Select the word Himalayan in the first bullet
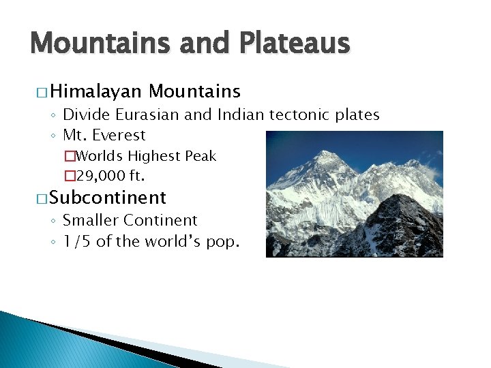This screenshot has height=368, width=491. [x=94, y=91]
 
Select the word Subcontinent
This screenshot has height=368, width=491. [x=108, y=198]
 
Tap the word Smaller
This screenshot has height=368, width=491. [x=92, y=221]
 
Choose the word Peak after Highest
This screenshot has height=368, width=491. [x=200, y=156]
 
